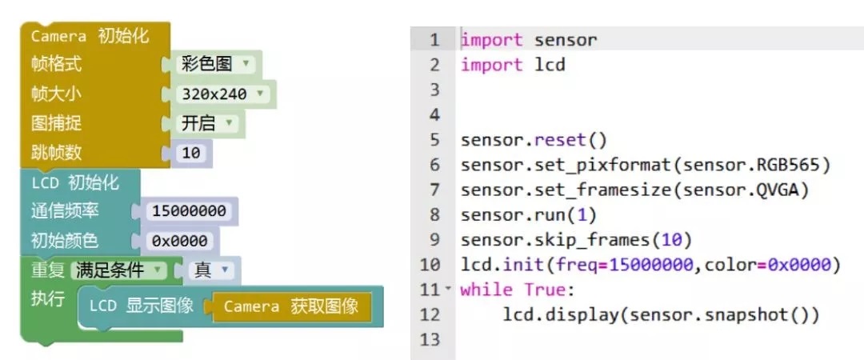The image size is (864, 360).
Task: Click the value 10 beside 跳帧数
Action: [191, 152]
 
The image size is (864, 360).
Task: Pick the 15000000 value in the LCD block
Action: [190, 211]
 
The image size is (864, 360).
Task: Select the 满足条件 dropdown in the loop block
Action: [119, 270]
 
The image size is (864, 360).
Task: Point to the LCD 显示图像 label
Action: [141, 306]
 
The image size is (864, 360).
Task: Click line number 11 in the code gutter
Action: [430, 290]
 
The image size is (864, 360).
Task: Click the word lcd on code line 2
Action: [550, 65]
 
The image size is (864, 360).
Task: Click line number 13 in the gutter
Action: [430, 340]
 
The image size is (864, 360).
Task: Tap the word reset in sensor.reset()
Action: [560, 140]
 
